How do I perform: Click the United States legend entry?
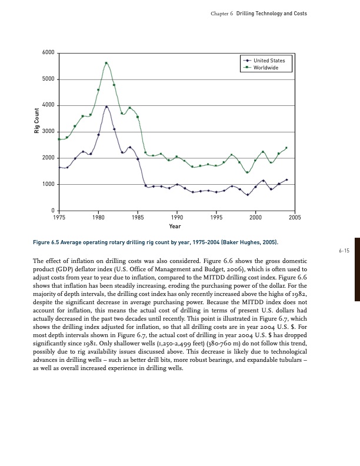(269, 60)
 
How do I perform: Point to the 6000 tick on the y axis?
(49, 53)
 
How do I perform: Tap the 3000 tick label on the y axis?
(49, 132)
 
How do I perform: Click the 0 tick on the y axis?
(53, 211)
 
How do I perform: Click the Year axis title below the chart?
(175, 226)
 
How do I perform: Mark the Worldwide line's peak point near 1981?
(106, 63)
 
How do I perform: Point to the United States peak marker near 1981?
(106, 107)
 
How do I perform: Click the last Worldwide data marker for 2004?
(286, 148)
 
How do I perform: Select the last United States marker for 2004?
(286, 179)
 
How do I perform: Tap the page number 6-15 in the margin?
(344, 251)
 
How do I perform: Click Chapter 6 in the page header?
(222, 13)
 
